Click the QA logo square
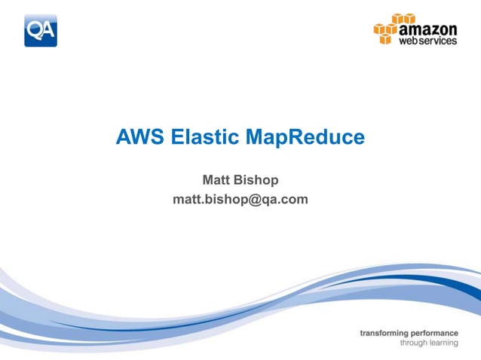40,30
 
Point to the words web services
427,40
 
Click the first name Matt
217,181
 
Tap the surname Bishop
259,181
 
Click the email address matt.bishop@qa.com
240,200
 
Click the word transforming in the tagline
388,332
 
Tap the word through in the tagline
414,343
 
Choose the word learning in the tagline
444,343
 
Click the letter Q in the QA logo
35,31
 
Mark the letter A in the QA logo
47,31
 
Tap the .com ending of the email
295,200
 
